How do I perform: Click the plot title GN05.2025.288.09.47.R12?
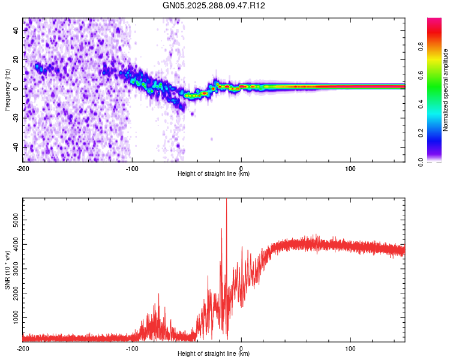(x=214, y=5)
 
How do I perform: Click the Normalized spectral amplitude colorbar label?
(x=445, y=90)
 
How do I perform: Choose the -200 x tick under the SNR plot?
(x=23, y=348)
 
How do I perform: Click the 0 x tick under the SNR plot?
(x=241, y=348)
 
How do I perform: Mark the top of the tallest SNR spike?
(x=226, y=200)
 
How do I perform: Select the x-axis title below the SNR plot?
(x=214, y=354)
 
